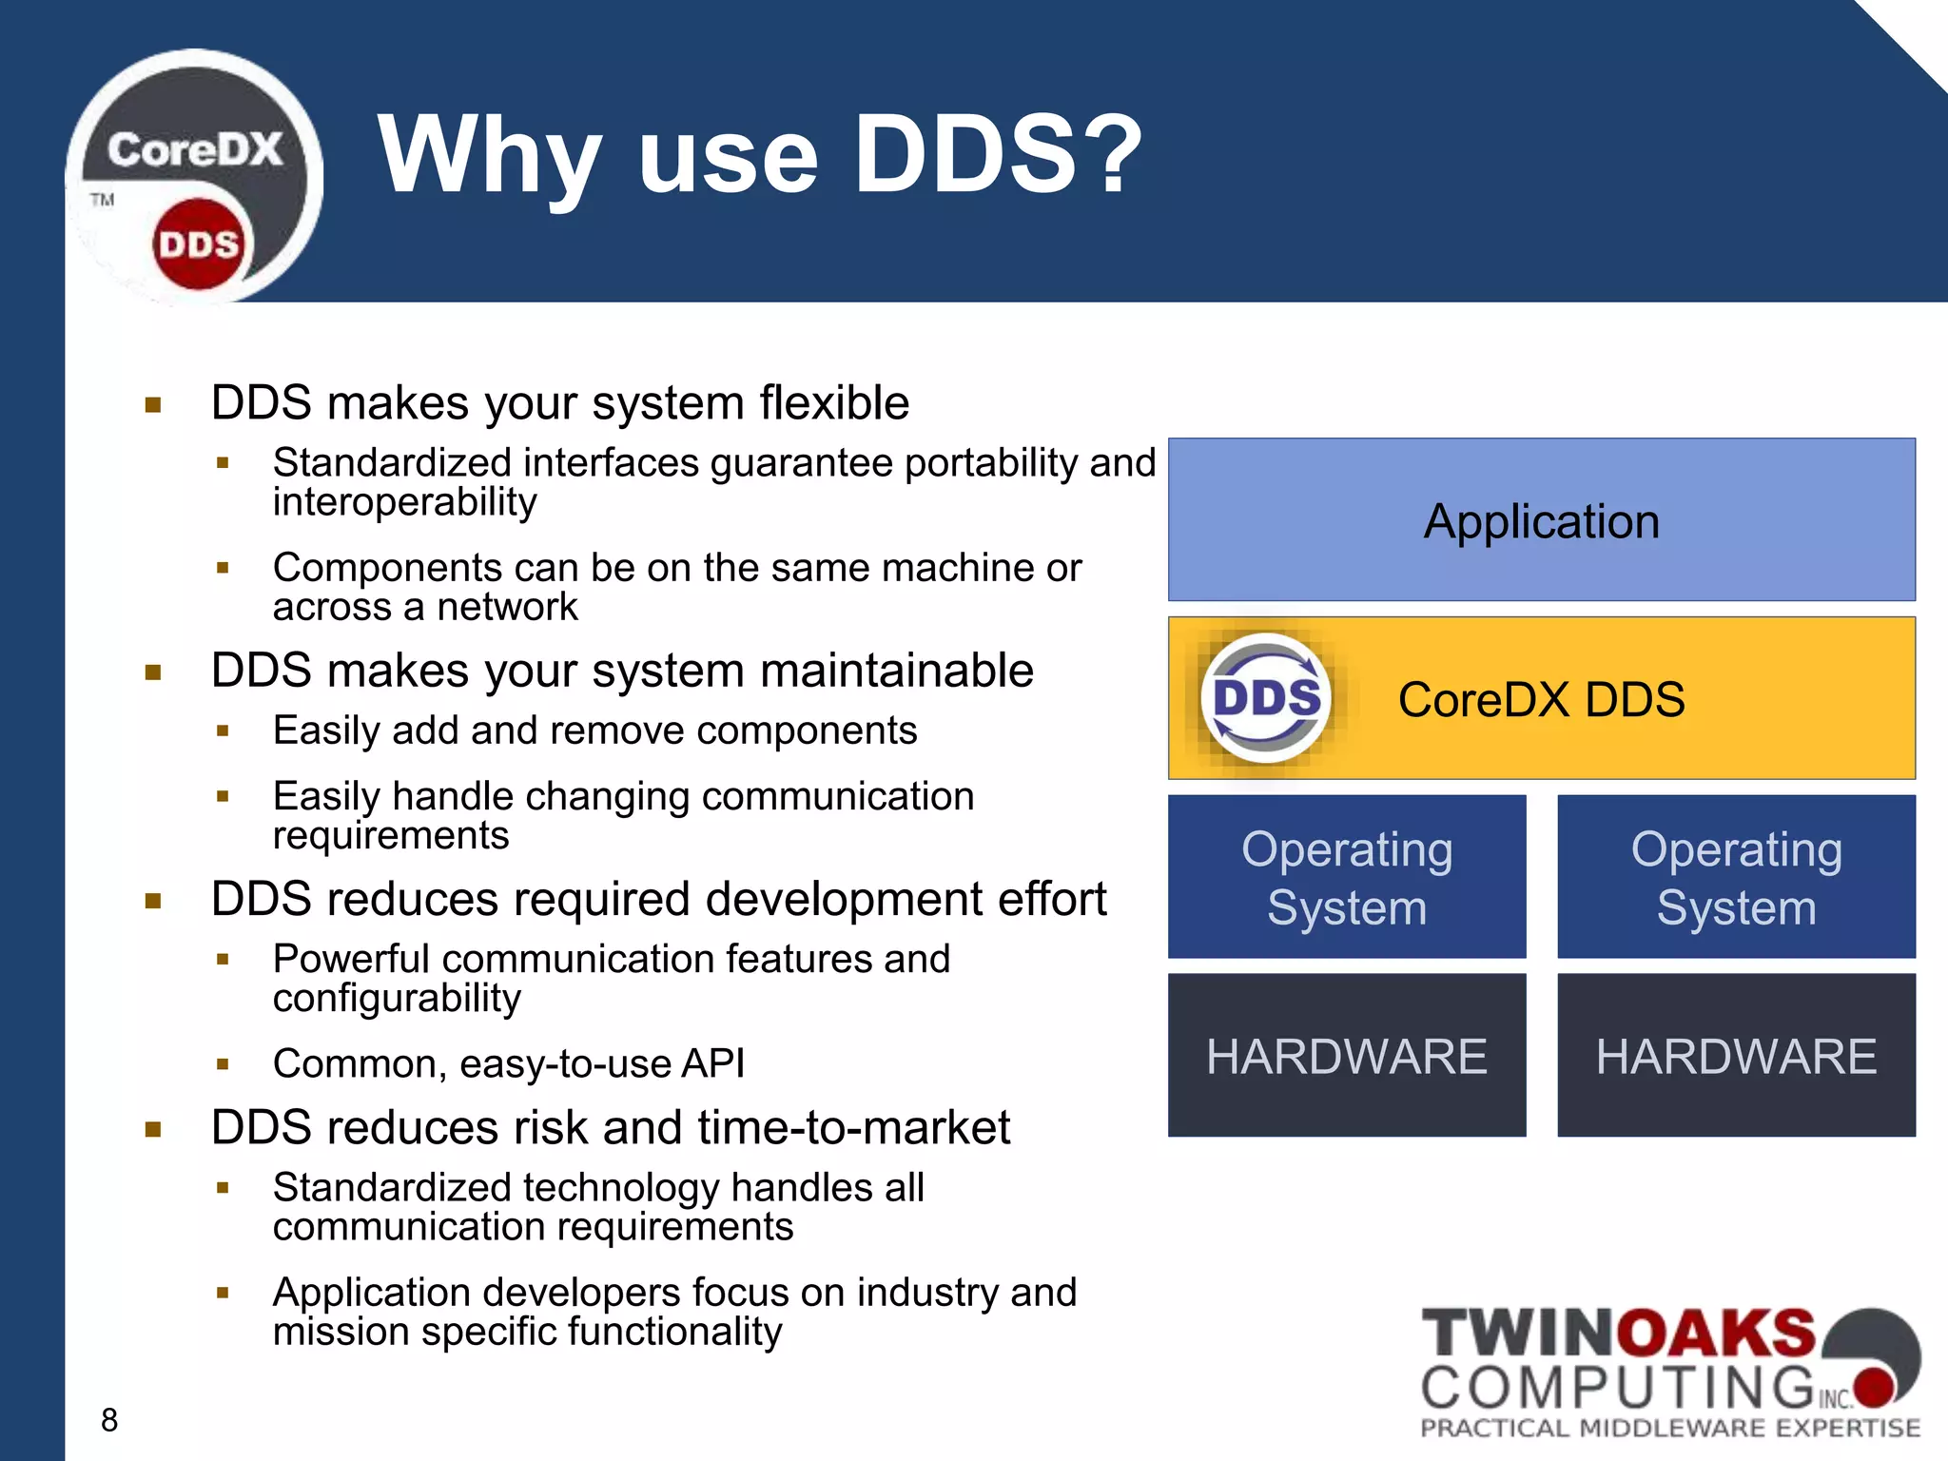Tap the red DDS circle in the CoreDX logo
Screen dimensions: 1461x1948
pyautogui.click(x=198, y=244)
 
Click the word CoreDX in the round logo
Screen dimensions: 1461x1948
pyautogui.click(x=194, y=150)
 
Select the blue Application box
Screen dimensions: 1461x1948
pyautogui.click(x=1541, y=519)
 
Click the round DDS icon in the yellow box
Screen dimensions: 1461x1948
pyautogui.click(x=1266, y=698)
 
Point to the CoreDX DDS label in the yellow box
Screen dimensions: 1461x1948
pyautogui.click(x=1541, y=700)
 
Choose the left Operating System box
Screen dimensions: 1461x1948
pyautogui.click(x=1347, y=877)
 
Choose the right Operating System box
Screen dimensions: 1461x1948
pyautogui.click(x=1736, y=877)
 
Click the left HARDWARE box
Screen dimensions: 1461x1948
pyautogui.click(x=1347, y=1056)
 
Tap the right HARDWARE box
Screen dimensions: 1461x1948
pyautogui.click(x=1736, y=1056)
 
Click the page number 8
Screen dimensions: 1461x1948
pyautogui.click(x=109, y=1420)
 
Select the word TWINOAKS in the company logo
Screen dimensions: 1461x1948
pyautogui.click(x=1617, y=1334)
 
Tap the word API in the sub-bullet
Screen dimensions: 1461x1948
pyautogui.click(x=712, y=1063)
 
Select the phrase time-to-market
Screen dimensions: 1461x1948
pyautogui.click(x=853, y=1128)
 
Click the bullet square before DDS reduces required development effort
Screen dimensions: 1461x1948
pyautogui.click(x=153, y=901)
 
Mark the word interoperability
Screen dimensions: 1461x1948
pyautogui.click(x=405, y=502)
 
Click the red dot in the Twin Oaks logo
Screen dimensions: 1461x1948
pyautogui.click(x=1875, y=1386)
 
